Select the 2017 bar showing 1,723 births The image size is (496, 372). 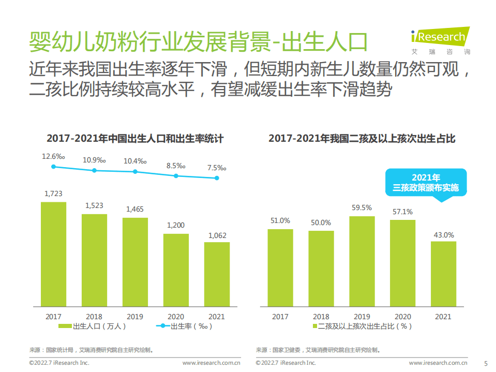click(x=53, y=254)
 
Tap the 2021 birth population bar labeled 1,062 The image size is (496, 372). click(x=217, y=274)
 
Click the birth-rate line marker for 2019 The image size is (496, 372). click(x=135, y=172)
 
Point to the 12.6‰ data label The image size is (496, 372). click(x=53, y=156)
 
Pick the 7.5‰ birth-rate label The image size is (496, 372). click(x=217, y=168)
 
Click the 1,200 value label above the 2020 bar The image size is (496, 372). click(x=176, y=225)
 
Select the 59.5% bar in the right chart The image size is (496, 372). click(x=362, y=261)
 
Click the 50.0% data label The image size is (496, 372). click(x=321, y=222)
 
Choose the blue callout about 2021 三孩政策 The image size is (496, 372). click(x=426, y=183)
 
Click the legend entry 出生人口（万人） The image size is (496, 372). click(x=93, y=326)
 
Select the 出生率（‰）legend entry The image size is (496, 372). click(x=185, y=326)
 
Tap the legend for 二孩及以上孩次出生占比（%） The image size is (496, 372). click(x=362, y=326)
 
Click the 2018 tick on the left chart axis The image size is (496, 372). click(x=94, y=317)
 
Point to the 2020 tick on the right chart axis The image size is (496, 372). click(x=403, y=317)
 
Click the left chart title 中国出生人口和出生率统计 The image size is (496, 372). click(x=135, y=139)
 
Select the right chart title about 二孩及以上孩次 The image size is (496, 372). click(x=362, y=139)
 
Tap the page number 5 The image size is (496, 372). click(x=485, y=363)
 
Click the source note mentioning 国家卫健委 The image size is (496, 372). click(x=321, y=350)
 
